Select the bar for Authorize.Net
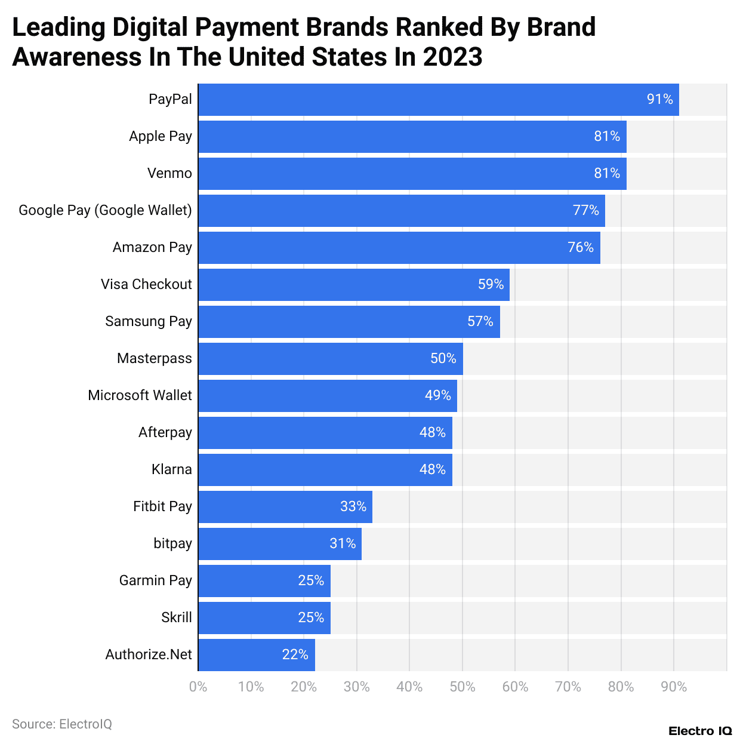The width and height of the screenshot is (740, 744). click(x=256, y=655)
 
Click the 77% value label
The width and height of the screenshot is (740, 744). click(x=585, y=210)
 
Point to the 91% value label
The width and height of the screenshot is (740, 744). click(x=659, y=99)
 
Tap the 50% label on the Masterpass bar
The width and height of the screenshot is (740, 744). click(x=443, y=358)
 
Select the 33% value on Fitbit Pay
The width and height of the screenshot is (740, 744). click(x=353, y=506)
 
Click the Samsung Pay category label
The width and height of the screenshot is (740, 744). click(x=149, y=321)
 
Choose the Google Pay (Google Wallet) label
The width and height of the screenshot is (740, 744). click(x=105, y=210)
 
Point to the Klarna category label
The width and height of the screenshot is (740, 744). click(x=172, y=469)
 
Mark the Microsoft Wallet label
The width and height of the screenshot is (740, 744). click(x=140, y=395)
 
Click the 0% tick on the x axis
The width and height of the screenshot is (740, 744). click(x=198, y=687)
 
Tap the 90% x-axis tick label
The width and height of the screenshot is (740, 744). click(x=674, y=687)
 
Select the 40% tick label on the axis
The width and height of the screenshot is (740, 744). click(x=409, y=687)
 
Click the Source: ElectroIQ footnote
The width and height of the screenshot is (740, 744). click(x=62, y=724)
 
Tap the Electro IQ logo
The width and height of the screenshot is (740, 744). click(x=700, y=731)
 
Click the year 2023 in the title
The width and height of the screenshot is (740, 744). click(x=452, y=57)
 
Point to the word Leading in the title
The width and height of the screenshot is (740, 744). click(x=59, y=27)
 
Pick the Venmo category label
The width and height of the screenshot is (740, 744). click(x=169, y=173)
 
